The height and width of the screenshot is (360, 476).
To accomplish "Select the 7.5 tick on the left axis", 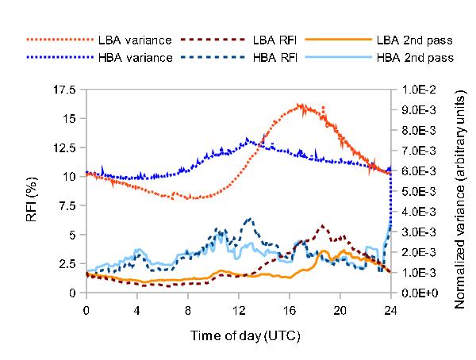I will [67, 206].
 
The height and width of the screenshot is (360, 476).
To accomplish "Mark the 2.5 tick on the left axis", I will [67, 264].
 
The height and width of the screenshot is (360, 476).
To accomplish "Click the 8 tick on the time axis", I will [187, 310].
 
